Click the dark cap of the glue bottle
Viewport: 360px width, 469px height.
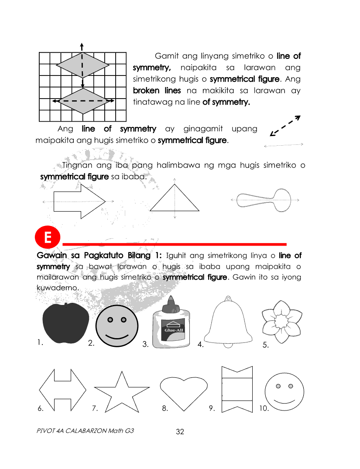tap(170, 303)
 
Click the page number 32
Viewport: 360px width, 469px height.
tap(180, 432)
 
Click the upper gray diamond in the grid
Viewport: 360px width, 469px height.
tap(82, 65)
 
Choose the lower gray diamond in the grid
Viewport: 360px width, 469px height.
tap(83, 101)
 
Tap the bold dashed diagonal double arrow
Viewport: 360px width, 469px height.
tap(285, 126)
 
